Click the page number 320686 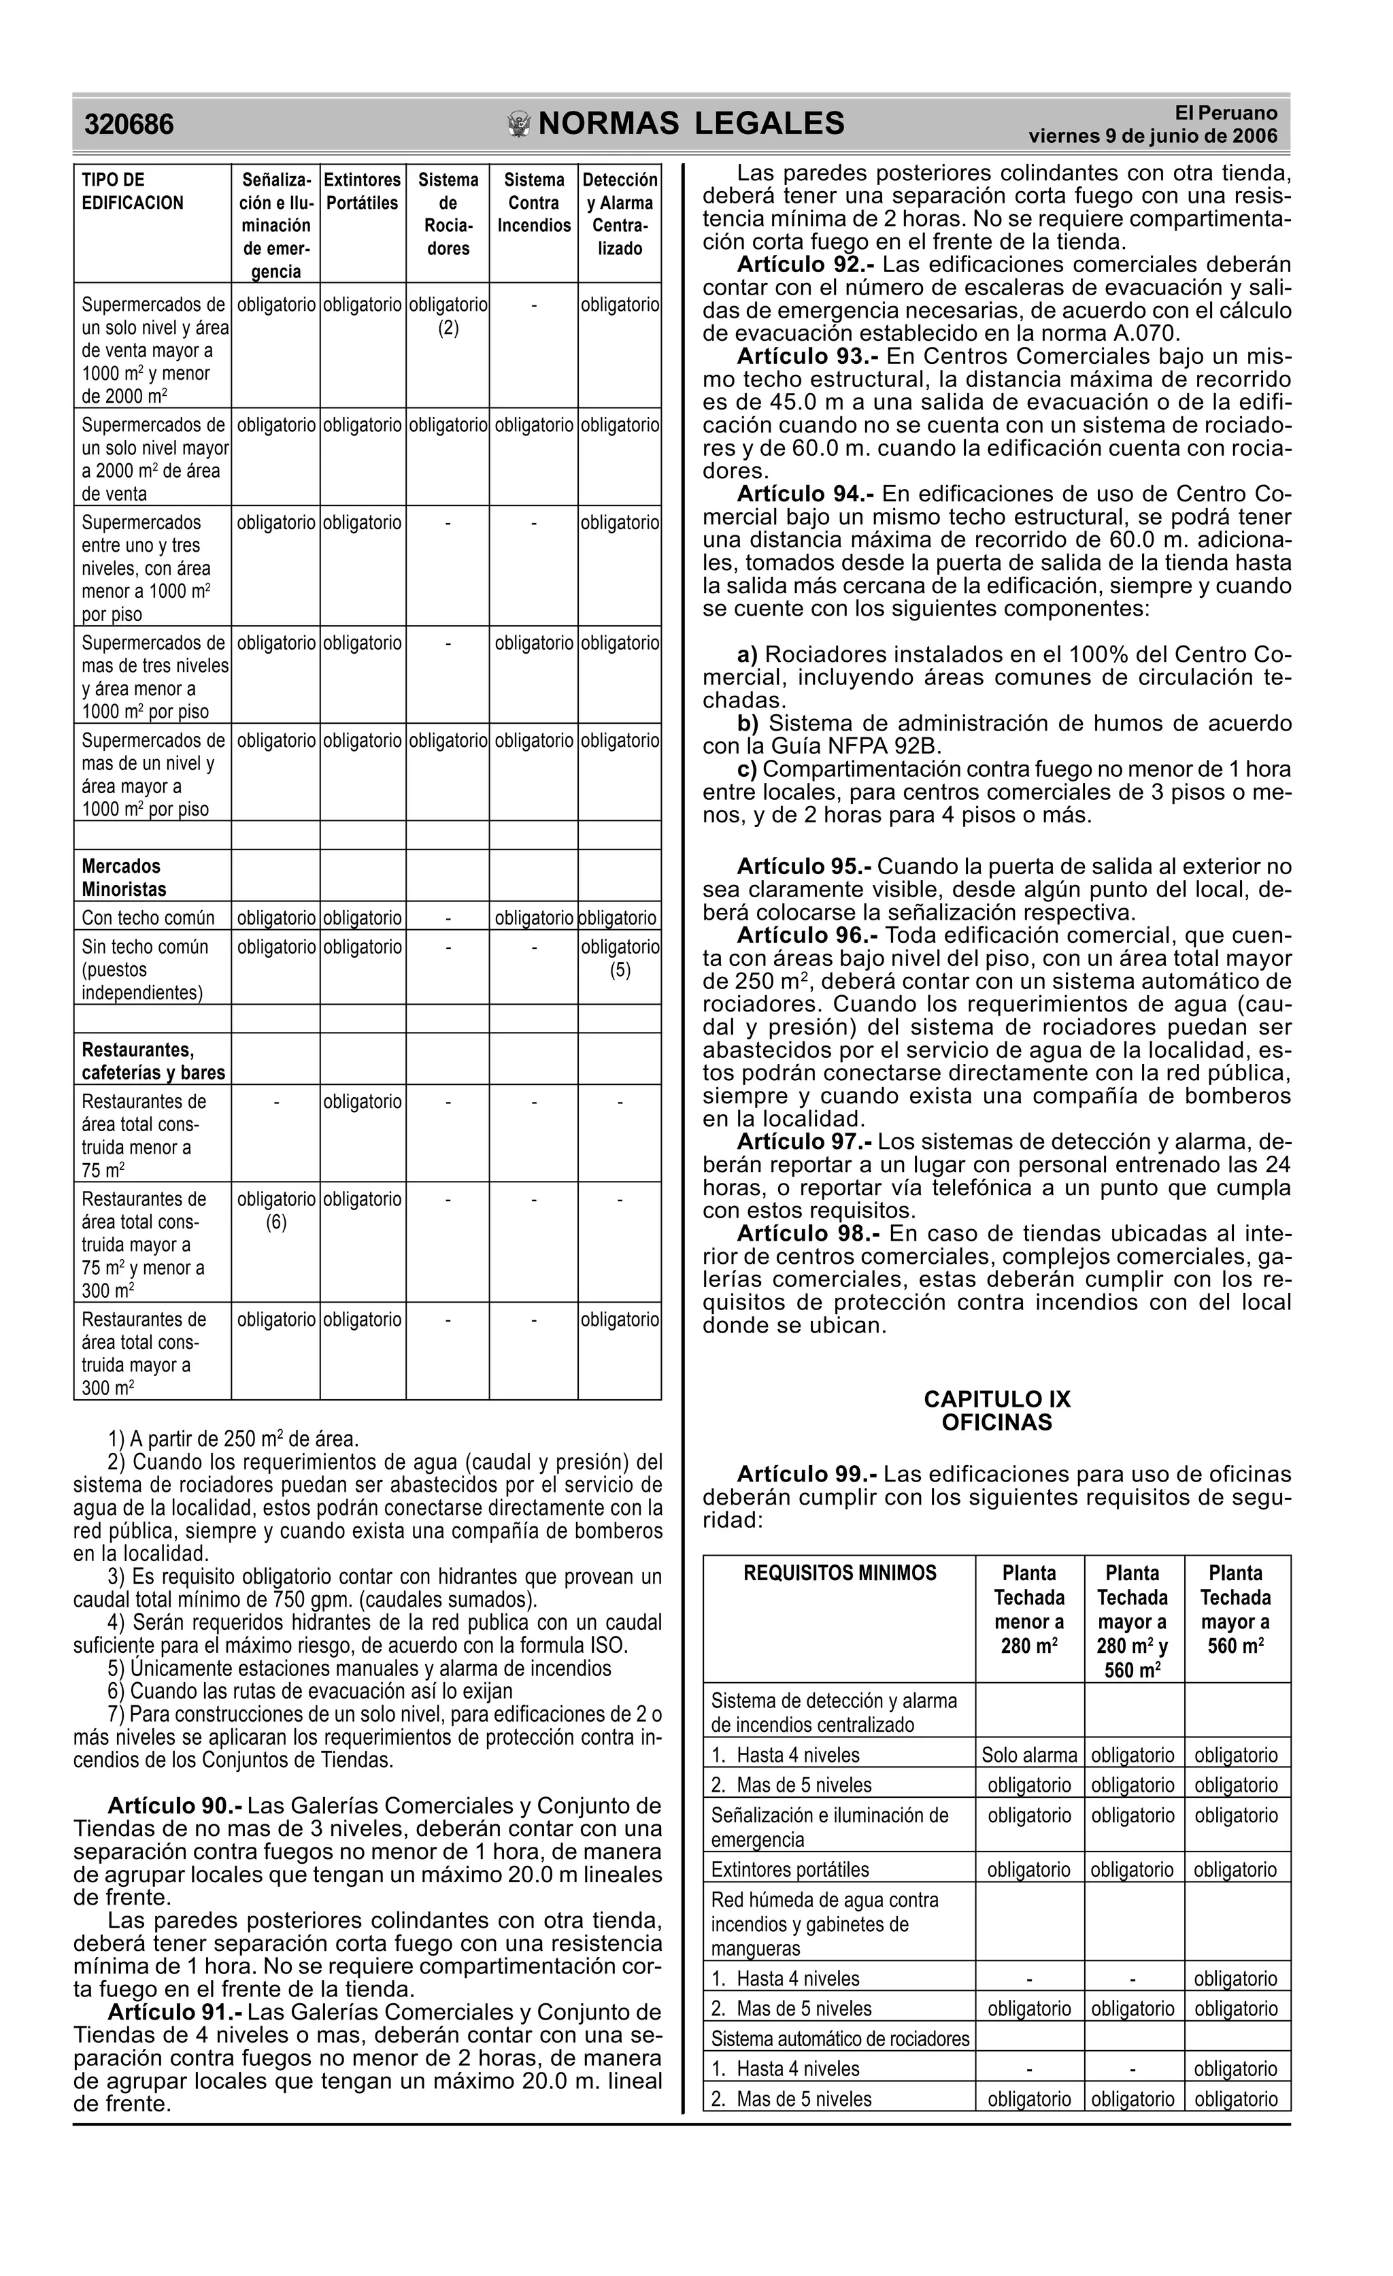129,124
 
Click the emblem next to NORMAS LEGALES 520,124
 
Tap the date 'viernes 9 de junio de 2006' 1153,137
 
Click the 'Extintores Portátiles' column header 362,191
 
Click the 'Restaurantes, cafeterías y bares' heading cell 153,1061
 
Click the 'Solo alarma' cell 1029,1755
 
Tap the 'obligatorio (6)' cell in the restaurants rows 276,1211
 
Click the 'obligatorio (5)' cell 620,959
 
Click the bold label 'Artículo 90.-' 175,1806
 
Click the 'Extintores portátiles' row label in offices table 790,1869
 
